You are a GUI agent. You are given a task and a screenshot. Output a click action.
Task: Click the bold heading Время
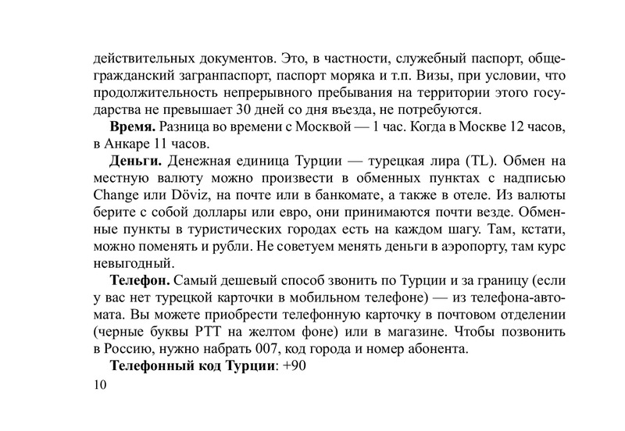(132, 127)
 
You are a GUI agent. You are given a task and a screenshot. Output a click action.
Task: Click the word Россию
(134, 348)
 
